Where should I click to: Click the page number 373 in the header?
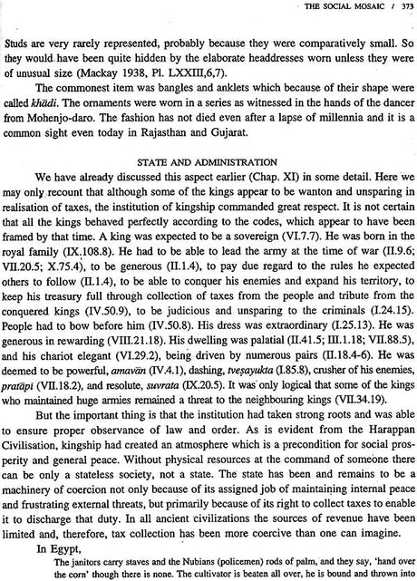coord(402,7)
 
